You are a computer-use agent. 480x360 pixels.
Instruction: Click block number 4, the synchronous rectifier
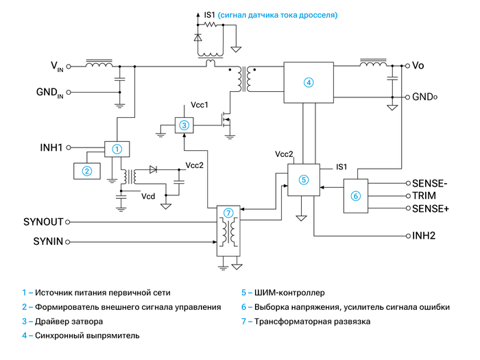(308, 82)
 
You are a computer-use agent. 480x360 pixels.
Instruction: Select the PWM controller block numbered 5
(304, 180)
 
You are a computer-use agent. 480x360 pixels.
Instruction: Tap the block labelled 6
(355, 195)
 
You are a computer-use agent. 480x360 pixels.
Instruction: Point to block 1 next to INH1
(117, 148)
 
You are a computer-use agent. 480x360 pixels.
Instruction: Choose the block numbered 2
(87, 171)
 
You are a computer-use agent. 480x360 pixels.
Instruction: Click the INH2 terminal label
(424, 236)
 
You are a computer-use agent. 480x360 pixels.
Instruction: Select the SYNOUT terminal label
(43, 222)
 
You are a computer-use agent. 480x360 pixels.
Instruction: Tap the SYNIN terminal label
(47, 241)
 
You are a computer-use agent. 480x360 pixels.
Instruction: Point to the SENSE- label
(429, 183)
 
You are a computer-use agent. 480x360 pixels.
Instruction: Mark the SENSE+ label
(430, 208)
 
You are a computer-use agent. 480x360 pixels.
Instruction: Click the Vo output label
(419, 66)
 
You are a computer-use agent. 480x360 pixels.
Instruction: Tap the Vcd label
(148, 196)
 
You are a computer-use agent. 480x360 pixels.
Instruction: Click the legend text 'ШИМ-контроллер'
(289, 293)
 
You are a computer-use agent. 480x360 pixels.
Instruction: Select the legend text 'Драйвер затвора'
(69, 322)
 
